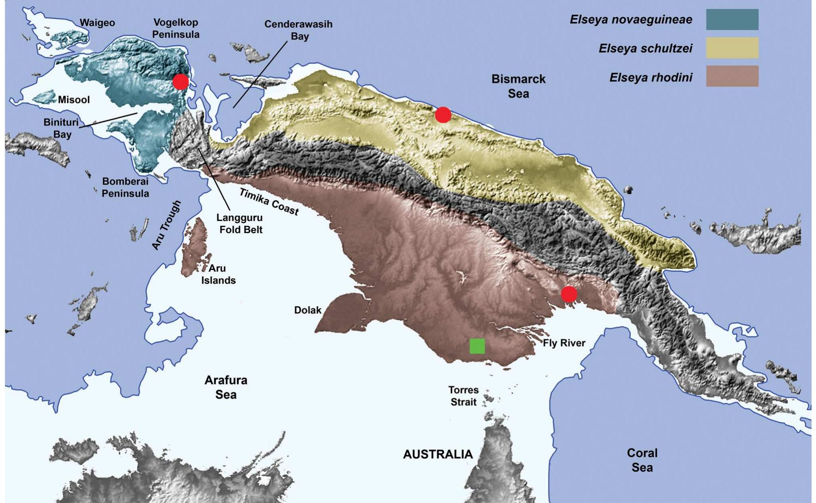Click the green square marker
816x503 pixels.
tap(477, 346)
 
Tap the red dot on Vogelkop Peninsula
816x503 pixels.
tap(181, 82)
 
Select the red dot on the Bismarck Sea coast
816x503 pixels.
tap(443, 115)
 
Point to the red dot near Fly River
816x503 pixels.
tap(569, 294)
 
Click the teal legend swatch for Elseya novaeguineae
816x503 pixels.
tap(732, 20)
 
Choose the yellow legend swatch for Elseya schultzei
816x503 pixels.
tap(732, 48)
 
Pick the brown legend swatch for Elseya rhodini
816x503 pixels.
tap(732, 76)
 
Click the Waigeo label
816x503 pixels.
tap(97, 23)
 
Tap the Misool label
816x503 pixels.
tap(74, 100)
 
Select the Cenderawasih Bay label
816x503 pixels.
tap(299, 30)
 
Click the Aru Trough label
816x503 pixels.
tap(166, 225)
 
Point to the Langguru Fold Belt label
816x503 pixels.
tap(240, 224)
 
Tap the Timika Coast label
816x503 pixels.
tap(269, 202)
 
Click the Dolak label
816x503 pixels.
tap(308, 310)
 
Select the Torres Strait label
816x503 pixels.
tap(463, 396)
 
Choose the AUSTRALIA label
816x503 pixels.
tap(438, 454)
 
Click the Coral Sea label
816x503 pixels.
tap(642, 460)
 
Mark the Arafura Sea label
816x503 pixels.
tap(226, 387)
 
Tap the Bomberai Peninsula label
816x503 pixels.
tap(125, 187)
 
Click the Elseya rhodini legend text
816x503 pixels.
tap(651, 78)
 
